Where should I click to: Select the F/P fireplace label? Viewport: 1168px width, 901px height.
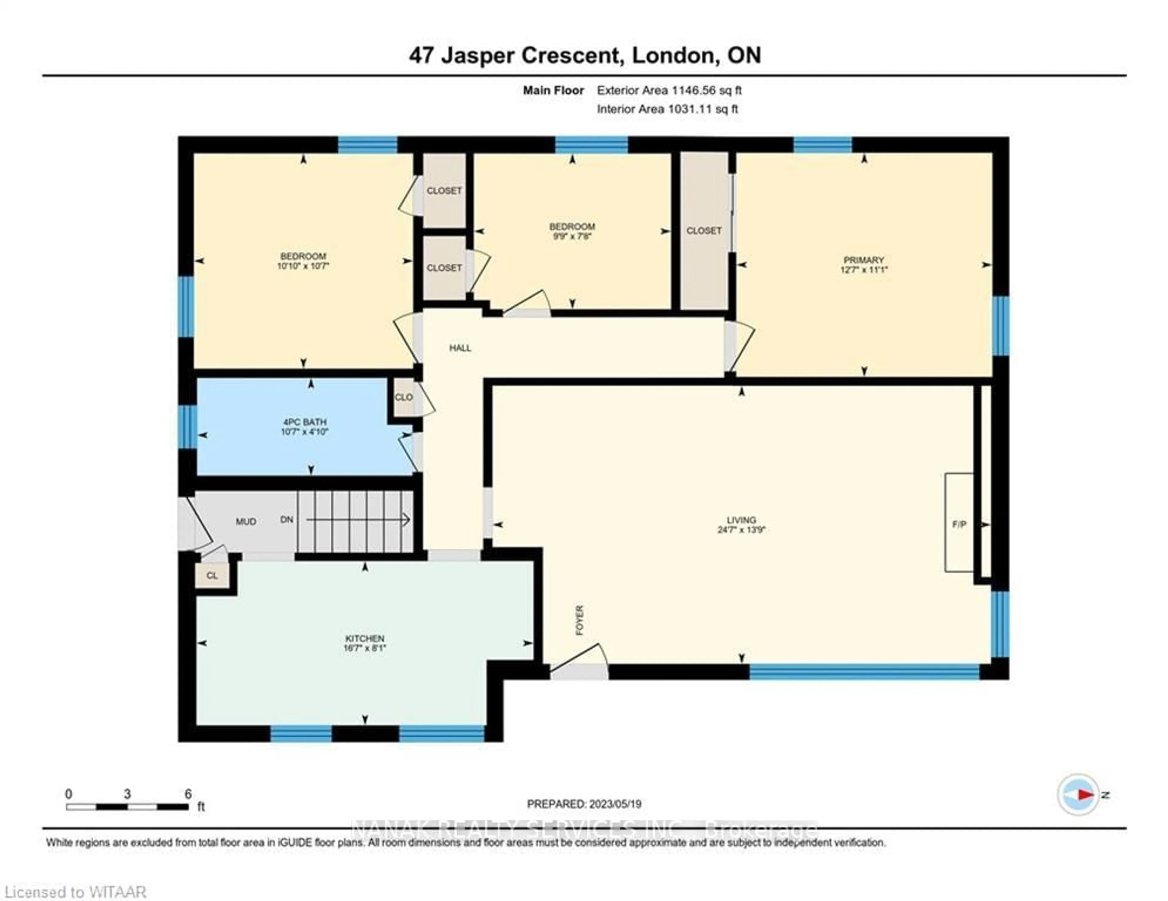(x=959, y=524)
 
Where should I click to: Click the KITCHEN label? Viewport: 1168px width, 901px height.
(x=365, y=638)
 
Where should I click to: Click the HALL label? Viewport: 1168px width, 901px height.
(x=460, y=348)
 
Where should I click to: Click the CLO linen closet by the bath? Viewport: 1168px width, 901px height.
(x=404, y=397)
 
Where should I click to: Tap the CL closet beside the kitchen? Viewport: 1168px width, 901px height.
(x=212, y=575)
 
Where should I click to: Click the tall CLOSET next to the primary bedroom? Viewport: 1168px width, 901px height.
(x=704, y=230)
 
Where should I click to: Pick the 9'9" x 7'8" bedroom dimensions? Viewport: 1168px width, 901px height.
(x=572, y=236)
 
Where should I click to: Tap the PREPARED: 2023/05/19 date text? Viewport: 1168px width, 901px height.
(x=584, y=804)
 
